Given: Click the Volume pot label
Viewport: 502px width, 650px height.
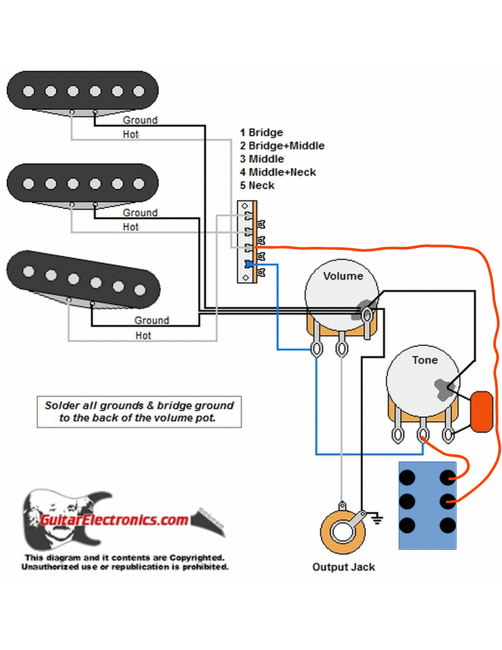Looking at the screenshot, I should [343, 276].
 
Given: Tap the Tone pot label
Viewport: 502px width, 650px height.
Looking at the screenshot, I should [424, 360].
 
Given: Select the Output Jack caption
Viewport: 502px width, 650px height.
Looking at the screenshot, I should [343, 567].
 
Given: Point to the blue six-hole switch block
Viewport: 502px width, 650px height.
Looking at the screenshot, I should [428, 505].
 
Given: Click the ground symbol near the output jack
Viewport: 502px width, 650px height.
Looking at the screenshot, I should [376, 519].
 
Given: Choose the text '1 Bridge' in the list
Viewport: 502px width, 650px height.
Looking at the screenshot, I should [261, 132].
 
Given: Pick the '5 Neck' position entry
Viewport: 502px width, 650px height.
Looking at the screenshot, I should [257, 185].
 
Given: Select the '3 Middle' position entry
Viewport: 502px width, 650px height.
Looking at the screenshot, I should [262, 159].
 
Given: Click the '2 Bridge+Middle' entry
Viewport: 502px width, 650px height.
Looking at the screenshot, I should [282, 146].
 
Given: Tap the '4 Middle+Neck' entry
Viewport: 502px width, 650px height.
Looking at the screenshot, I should [278, 172].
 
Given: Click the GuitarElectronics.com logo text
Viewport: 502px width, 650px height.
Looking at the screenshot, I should [114, 520].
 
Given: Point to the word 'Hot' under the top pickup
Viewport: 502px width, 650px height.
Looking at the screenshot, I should [131, 134].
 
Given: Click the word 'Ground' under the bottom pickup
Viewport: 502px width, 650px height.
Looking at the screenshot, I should [151, 320].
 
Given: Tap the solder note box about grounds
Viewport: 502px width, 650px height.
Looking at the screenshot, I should [139, 412].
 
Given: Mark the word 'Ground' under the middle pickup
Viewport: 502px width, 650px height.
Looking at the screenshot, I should [140, 212].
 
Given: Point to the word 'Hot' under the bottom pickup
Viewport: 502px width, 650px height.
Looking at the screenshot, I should [143, 335].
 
